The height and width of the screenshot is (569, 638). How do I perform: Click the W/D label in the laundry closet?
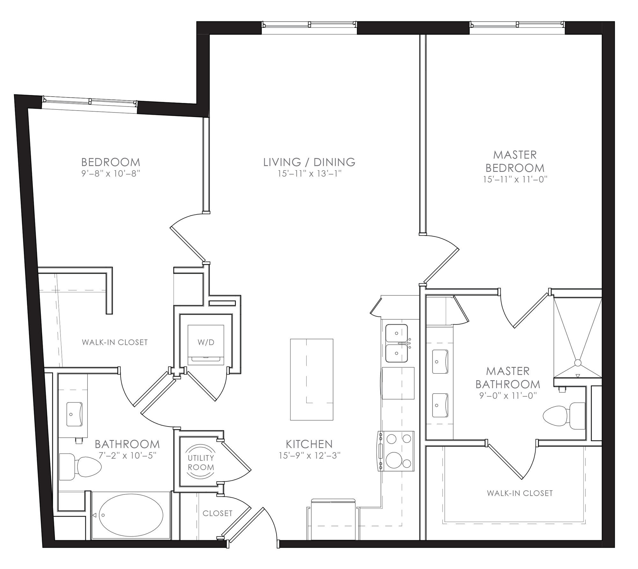[206, 342]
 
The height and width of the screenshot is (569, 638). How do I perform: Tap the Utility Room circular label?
[201, 463]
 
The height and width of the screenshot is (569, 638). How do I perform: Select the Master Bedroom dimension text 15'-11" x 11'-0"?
[515, 179]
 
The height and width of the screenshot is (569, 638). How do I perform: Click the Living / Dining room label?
[309, 162]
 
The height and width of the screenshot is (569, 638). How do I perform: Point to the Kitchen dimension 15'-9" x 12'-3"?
[309, 456]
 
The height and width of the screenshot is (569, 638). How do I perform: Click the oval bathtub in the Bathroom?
[131, 514]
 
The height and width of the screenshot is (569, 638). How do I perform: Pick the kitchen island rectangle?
[312, 379]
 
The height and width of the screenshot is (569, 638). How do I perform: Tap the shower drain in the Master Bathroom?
[578, 363]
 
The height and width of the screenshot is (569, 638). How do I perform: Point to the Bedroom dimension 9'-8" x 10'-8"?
[111, 174]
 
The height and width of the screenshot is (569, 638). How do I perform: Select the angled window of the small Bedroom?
[90, 101]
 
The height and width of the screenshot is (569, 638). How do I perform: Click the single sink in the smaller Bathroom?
[74, 414]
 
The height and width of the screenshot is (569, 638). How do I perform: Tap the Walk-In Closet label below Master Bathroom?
[520, 493]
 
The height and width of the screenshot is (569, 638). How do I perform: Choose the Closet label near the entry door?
[218, 513]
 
